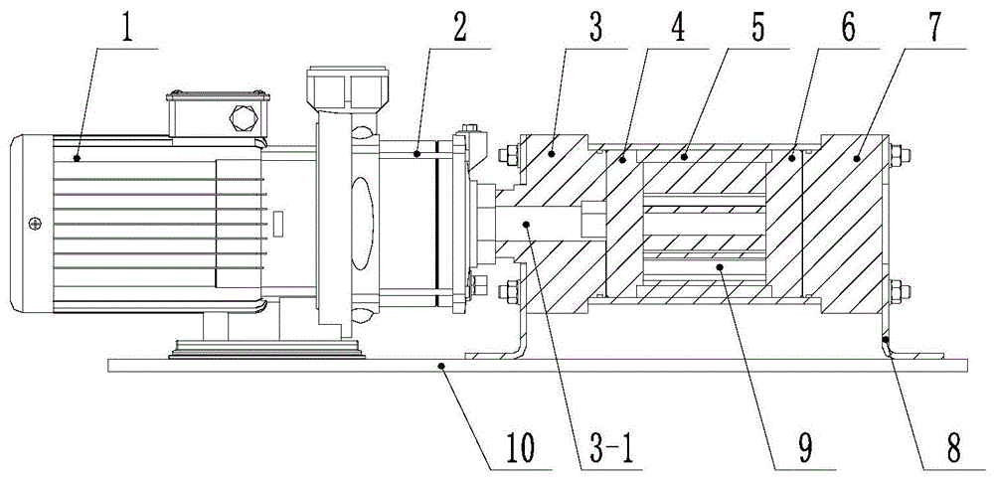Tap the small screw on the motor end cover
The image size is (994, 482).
pyautogui.click(x=36, y=222)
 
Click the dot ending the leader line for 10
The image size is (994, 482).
pyautogui.click(x=444, y=367)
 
